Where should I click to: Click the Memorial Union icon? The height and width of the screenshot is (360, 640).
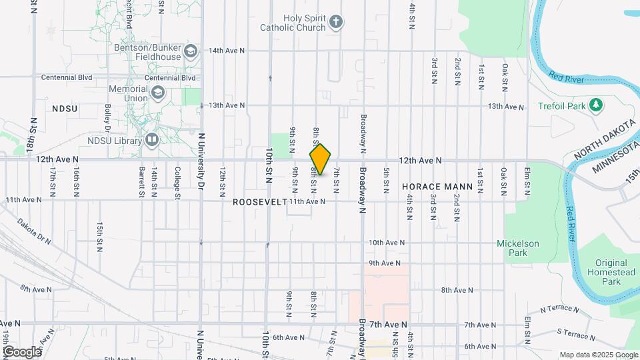click(x=158, y=93)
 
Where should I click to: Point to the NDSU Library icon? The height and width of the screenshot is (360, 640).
click(x=152, y=140)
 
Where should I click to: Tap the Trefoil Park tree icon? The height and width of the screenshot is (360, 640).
click(x=595, y=105)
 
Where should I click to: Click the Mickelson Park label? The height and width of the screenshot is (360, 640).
click(x=517, y=248)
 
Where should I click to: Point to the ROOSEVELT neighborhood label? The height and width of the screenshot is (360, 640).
click(x=259, y=201)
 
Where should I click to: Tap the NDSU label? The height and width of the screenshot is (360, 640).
click(x=65, y=109)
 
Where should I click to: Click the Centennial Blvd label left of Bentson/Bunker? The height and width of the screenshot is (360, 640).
click(x=67, y=77)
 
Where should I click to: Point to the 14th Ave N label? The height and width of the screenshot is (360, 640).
click(x=227, y=51)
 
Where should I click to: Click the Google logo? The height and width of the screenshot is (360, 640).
click(x=22, y=351)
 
